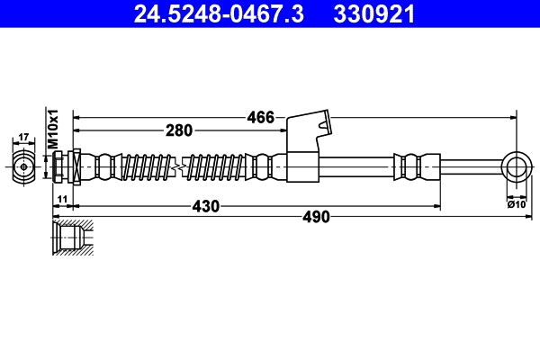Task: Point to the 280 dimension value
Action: coord(179,130)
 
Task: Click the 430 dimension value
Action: coord(207,206)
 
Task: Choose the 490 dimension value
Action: coord(315,217)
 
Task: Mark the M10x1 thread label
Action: coord(53,130)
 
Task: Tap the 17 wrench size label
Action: coord(24,139)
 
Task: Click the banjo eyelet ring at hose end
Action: coord(516,166)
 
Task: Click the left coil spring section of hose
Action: coord(148,166)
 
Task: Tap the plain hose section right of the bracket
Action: coord(355,166)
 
